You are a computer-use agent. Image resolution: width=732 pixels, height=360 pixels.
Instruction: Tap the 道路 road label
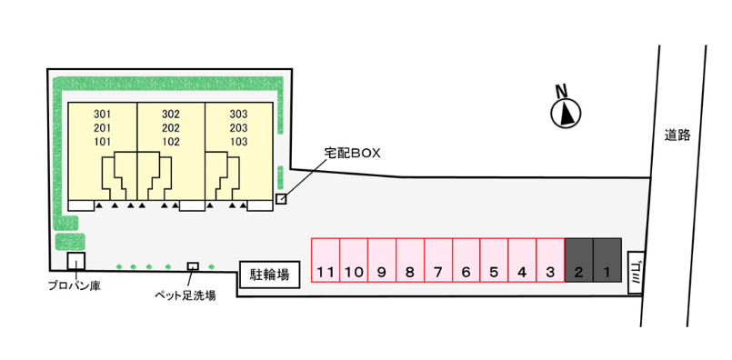pyautogui.click(x=677, y=135)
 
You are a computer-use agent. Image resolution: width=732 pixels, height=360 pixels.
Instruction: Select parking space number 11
pyautogui.click(x=326, y=260)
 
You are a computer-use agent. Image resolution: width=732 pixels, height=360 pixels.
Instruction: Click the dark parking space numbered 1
pyautogui.click(x=607, y=260)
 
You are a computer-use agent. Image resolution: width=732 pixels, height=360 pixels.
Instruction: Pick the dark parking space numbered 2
pyautogui.click(x=579, y=260)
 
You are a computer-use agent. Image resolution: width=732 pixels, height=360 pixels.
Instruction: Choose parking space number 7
pyautogui.click(x=438, y=260)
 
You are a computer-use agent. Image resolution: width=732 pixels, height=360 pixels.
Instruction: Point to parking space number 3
pyautogui.click(x=550, y=260)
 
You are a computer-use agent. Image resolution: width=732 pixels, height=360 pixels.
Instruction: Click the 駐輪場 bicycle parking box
pyautogui.click(x=269, y=274)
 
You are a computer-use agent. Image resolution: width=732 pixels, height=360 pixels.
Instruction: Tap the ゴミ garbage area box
pyautogui.click(x=635, y=273)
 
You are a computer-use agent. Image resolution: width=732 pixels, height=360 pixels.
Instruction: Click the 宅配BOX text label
pyautogui.click(x=353, y=153)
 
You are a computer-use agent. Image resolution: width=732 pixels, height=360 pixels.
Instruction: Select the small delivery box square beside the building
pyautogui.click(x=281, y=199)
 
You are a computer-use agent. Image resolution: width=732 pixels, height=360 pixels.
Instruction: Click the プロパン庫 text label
pyautogui.click(x=75, y=285)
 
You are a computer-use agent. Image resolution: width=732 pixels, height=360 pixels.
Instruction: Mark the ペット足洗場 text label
pyautogui.click(x=186, y=295)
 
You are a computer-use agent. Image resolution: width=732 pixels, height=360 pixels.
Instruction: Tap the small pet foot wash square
pyautogui.click(x=193, y=266)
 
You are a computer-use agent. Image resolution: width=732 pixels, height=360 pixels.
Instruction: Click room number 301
pyautogui.click(x=102, y=114)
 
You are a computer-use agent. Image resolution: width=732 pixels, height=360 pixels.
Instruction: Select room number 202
pyautogui.click(x=171, y=128)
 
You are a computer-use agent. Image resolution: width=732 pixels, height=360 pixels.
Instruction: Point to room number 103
pyautogui.click(x=238, y=142)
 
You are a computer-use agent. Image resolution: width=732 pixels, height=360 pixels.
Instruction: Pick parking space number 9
pyautogui.click(x=381, y=260)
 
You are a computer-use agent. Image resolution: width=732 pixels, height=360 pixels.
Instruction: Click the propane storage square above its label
pyautogui.click(x=75, y=261)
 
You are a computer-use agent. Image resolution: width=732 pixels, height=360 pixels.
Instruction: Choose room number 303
pyautogui.click(x=238, y=114)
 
